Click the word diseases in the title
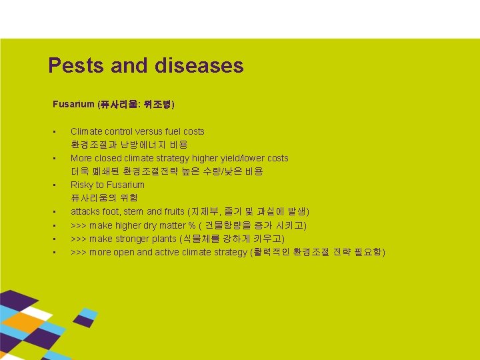point(199,65)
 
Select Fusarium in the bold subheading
point(74,105)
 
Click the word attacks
point(85,211)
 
